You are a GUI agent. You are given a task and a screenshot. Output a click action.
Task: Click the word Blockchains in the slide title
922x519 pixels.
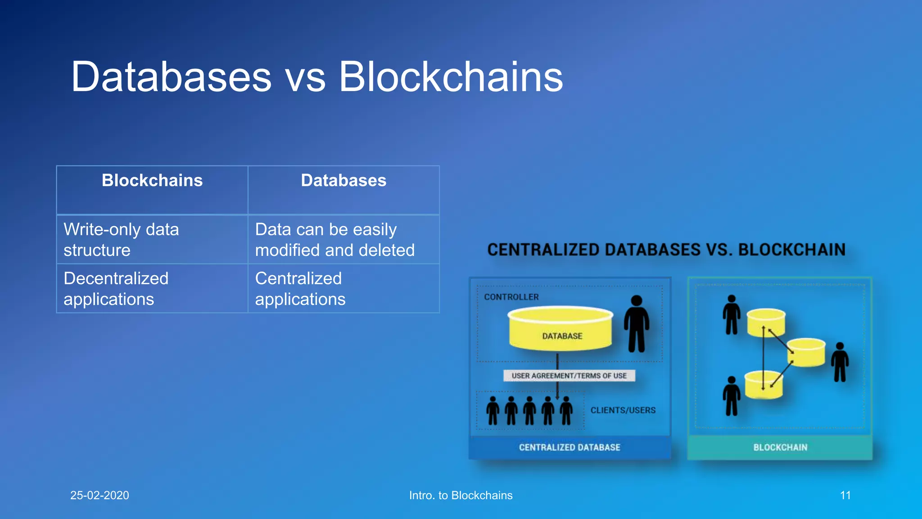point(450,77)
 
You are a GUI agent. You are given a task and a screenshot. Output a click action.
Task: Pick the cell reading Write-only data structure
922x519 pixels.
point(152,240)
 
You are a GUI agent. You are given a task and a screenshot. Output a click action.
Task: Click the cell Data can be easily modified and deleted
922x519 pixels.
point(343,240)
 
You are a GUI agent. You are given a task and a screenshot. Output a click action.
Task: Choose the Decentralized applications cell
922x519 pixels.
point(152,289)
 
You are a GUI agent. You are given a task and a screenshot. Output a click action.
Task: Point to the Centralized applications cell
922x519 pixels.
point(343,289)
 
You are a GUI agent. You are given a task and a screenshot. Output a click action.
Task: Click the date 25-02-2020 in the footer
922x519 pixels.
point(99,495)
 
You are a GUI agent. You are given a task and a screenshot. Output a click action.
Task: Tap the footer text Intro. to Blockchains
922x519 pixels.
point(461,495)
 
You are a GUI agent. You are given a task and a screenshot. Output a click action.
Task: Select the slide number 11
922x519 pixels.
point(845,495)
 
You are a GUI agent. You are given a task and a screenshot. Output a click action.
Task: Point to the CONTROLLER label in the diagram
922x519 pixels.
point(511,297)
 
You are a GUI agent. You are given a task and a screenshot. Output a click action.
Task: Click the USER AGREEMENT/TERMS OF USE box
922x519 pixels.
point(569,376)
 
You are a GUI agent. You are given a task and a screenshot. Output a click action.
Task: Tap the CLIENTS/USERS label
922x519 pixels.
point(623,410)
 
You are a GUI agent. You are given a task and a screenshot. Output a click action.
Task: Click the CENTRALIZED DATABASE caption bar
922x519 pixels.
point(569,447)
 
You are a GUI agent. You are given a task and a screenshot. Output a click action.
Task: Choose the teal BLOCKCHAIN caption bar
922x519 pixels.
point(780,447)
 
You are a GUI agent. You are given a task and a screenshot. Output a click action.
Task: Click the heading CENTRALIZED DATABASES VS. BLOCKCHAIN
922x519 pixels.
point(666,250)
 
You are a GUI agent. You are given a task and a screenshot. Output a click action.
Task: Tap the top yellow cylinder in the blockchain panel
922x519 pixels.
point(766,322)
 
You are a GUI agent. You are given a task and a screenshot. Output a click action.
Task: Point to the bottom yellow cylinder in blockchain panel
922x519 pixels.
point(764,385)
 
